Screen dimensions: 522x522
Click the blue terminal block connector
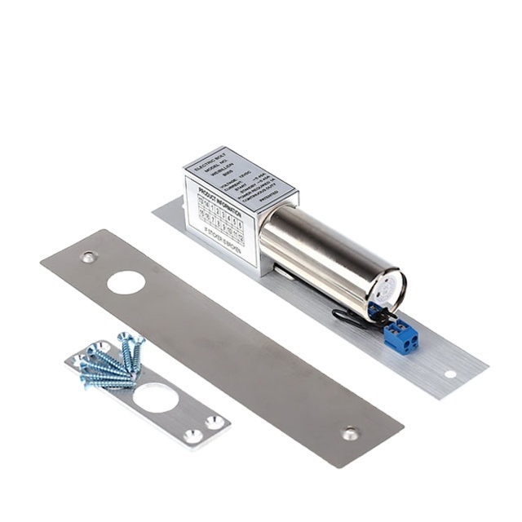click(x=400, y=335)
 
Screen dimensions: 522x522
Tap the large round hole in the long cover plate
click(x=126, y=282)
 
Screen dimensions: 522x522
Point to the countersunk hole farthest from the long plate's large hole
click(x=351, y=433)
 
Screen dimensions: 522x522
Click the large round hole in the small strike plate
click(x=155, y=398)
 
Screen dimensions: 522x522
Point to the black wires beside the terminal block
click(x=351, y=318)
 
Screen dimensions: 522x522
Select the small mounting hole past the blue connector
click(x=449, y=374)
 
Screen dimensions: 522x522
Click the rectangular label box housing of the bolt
click(x=237, y=208)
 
